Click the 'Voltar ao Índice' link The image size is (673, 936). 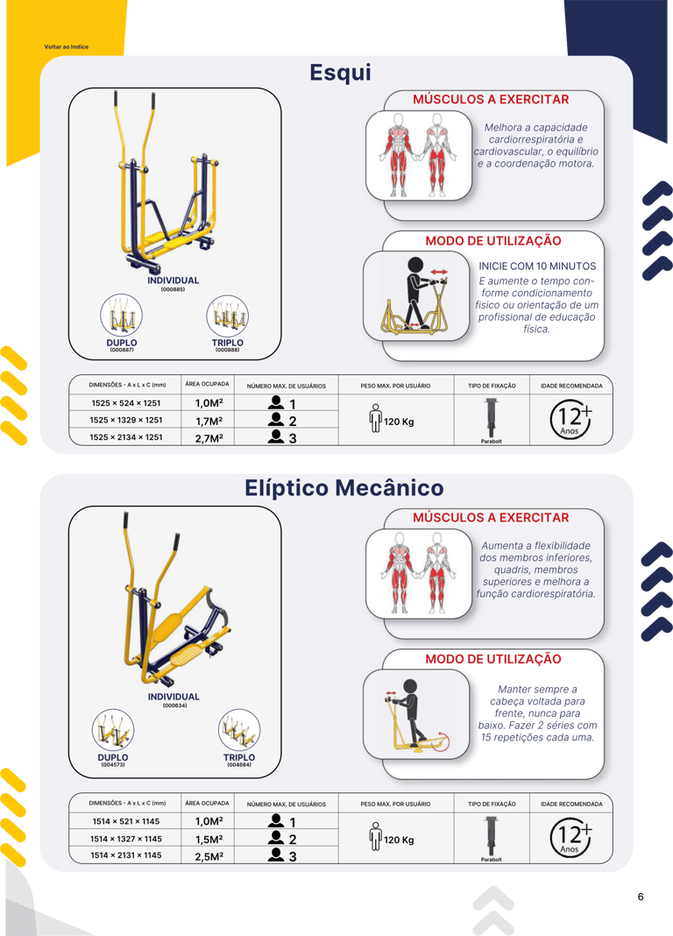click(x=67, y=46)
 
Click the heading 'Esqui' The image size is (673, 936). click(x=340, y=72)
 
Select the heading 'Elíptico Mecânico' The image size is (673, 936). click(x=344, y=487)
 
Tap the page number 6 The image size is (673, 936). click(x=641, y=896)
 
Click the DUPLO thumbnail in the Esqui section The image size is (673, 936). click(x=122, y=315)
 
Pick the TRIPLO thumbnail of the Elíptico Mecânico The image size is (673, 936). click(x=239, y=729)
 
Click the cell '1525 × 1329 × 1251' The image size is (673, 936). click(x=126, y=420)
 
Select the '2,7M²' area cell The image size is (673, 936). click(x=209, y=437)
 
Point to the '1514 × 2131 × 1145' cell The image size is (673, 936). click(x=126, y=854)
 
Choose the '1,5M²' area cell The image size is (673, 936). click(x=209, y=839)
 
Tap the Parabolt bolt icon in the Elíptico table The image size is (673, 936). click(x=491, y=836)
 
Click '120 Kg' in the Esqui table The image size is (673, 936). click(x=399, y=422)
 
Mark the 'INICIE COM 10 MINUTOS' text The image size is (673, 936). click(x=537, y=266)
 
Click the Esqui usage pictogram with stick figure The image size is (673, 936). click(x=416, y=295)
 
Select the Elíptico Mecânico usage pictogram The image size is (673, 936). click(x=416, y=714)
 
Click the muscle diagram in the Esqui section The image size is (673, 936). click(x=419, y=155)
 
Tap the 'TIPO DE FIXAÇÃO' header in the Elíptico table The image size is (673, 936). click(x=492, y=804)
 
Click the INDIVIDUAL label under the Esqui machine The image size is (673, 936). click(x=173, y=280)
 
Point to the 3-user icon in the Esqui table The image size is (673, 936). click(x=281, y=437)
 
